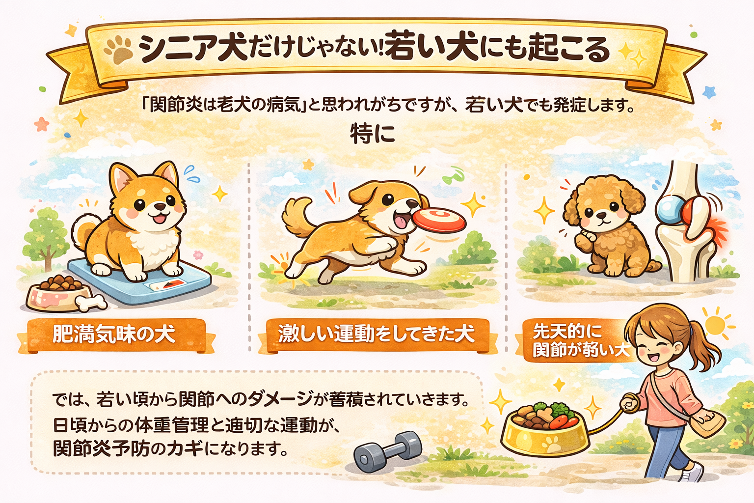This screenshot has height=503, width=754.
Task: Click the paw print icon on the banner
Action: click(x=118, y=50)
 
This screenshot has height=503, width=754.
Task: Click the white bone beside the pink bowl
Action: click(x=91, y=302)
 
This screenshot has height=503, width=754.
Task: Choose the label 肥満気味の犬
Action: click(x=114, y=334)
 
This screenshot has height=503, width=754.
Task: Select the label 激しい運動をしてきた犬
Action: click(x=377, y=334)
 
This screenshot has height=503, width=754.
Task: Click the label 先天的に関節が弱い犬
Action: click(x=581, y=341)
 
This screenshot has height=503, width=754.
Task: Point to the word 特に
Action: click(x=372, y=134)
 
